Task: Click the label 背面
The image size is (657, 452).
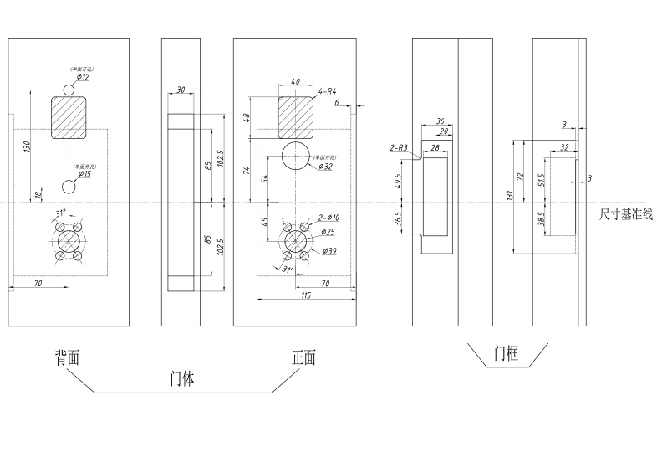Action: pyautogui.click(x=67, y=357)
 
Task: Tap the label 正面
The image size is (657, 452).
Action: pyautogui.click(x=303, y=357)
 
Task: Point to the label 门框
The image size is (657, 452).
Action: pyautogui.click(x=507, y=354)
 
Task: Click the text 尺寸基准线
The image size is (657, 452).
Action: pyautogui.click(x=625, y=214)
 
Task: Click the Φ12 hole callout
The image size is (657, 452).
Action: pyautogui.click(x=84, y=77)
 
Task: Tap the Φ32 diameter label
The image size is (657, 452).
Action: pyautogui.click(x=326, y=167)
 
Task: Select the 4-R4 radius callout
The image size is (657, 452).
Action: pyautogui.click(x=328, y=90)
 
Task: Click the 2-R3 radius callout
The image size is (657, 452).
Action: pyautogui.click(x=399, y=147)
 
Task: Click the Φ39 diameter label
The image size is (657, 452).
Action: pyautogui.click(x=329, y=251)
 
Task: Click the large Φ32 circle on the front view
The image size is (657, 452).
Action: pyautogui.click(x=296, y=157)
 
